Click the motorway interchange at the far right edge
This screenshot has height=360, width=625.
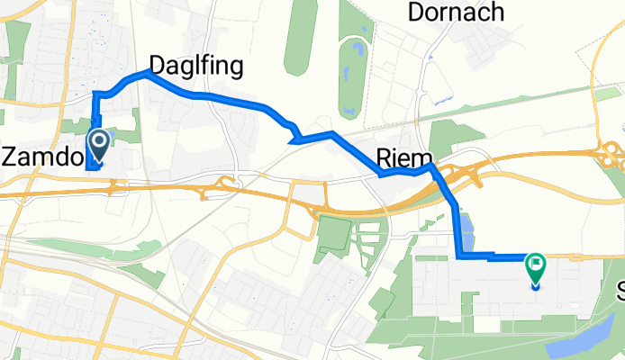tap(613, 153)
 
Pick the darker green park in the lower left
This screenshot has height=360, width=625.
tap(332, 234)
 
